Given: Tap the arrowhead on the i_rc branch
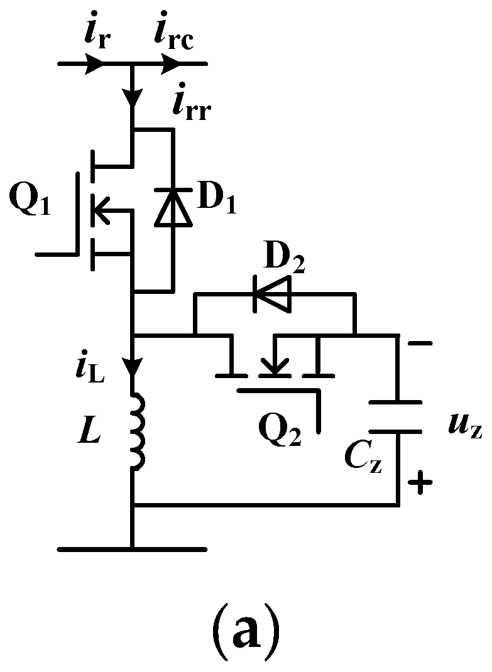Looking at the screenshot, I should (x=170, y=63).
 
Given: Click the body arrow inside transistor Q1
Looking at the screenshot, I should (x=101, y=210).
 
